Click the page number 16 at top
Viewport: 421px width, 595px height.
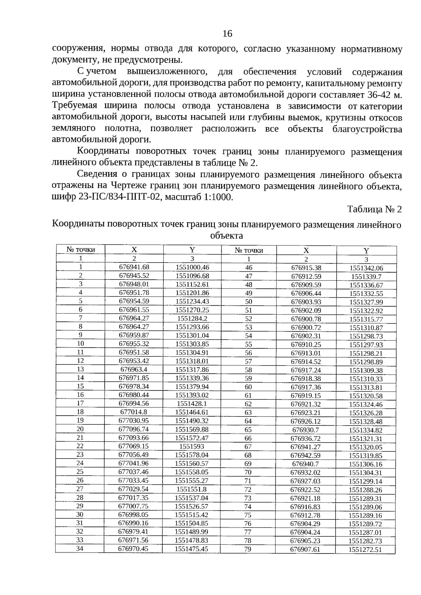click(227, 34)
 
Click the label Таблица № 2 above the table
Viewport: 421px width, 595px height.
click(374, 209)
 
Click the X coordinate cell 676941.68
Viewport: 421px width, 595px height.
click(134, 267)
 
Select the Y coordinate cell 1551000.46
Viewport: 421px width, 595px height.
click(192, 267)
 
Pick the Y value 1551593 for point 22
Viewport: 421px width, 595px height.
click(192, 446)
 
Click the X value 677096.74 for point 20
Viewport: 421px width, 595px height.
click(134, 429)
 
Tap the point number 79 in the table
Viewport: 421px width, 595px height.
click(248, 549)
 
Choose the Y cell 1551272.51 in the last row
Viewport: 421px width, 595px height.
click(365, 550)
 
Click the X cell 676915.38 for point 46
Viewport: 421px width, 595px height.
click(306, 268)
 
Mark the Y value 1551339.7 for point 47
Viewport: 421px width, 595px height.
click(366, 277)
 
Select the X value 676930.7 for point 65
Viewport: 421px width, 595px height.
click(306, 430)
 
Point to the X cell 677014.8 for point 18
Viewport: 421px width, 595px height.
click(134, 412)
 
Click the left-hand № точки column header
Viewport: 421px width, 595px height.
click(81, 250)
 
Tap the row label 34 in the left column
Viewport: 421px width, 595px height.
click(80, 548)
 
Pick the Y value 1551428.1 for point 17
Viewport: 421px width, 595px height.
click(192, 404)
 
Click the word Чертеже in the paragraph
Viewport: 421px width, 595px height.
click(131, 186)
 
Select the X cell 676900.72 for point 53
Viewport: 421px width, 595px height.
click(306, 327)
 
